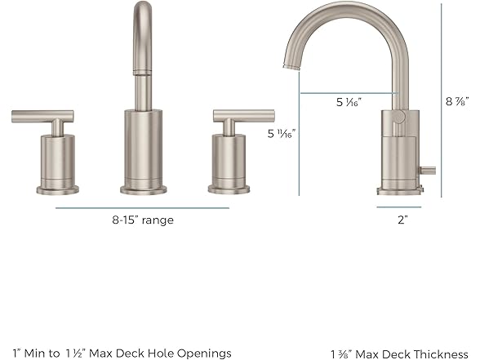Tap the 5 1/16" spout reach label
[x=349, y=102]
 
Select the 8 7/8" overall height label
[x=456, y=102]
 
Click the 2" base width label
[x=401, y=220]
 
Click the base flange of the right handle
[x=229, y=189]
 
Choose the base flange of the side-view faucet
[x=400, y=191]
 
